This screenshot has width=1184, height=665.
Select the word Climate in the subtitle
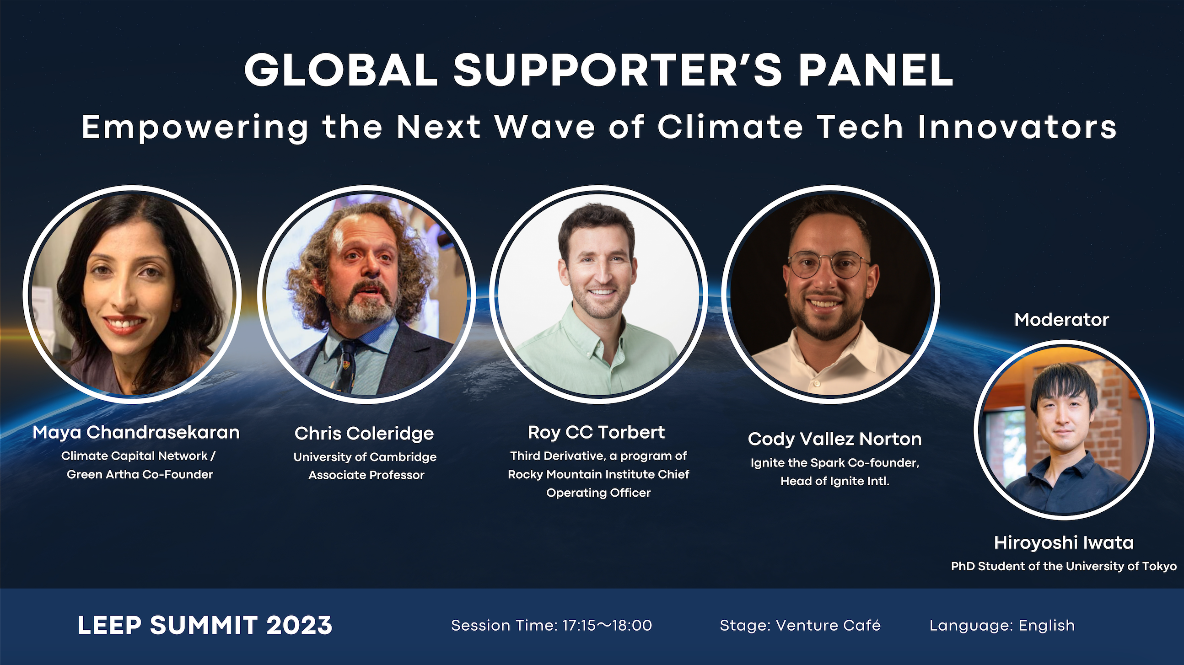730,127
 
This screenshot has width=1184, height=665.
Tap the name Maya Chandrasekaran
136,433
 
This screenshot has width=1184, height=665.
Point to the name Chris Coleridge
364,434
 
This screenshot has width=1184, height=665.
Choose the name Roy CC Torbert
596,433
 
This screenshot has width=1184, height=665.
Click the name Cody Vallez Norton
834,440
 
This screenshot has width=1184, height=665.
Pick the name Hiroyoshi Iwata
1064,543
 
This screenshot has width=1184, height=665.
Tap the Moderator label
1062,320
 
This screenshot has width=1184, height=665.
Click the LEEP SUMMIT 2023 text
205,626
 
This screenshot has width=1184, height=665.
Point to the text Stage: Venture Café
800,626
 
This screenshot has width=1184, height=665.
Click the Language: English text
1002,626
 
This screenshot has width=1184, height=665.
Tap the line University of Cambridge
365,457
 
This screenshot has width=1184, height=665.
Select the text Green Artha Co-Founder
140,474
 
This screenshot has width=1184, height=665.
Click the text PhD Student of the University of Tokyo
1064,566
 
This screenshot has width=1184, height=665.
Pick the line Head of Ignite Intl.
834,481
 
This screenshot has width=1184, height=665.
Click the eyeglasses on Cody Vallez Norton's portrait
828,265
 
